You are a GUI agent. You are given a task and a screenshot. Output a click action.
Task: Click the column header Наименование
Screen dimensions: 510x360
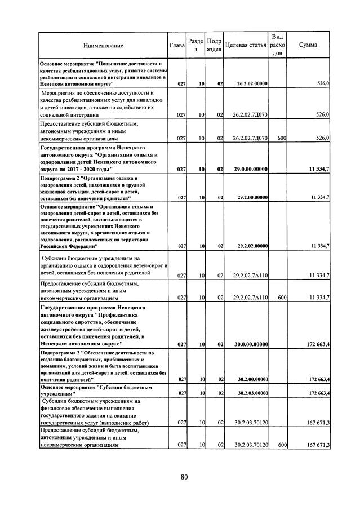103,45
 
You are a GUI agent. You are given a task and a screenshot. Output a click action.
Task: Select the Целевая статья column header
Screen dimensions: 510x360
245,45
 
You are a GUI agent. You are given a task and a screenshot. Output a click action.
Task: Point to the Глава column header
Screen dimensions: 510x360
177,45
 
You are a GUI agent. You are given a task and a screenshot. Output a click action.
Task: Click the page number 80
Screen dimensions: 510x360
184,477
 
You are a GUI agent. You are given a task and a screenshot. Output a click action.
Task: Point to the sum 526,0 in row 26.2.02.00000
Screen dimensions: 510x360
323,84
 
